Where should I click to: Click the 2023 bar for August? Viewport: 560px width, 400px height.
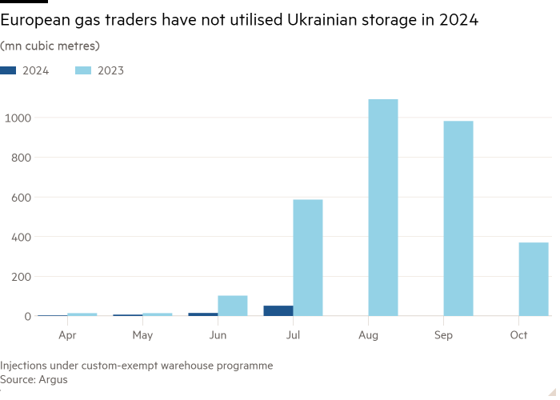pos(382,208)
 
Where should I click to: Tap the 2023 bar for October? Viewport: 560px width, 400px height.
pos(533,279)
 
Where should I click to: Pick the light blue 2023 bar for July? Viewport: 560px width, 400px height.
pos(307,258)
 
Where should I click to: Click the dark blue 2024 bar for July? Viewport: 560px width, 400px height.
pos(278,310)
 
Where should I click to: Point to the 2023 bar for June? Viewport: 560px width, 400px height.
pos(232,306)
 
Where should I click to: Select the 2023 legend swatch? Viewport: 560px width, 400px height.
pos(83,70)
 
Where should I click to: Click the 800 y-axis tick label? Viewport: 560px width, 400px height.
pos(20,158)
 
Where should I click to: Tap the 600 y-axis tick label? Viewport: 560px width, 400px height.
pos(20,198)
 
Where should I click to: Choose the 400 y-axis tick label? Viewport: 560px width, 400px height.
pos(20,238)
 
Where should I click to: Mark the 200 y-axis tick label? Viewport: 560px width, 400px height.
pos(20,277)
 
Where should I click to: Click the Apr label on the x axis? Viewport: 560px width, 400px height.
pos(67,335)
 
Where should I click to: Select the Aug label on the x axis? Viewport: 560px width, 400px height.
pos(368,335)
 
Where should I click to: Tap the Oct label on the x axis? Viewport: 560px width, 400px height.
pos(518,335)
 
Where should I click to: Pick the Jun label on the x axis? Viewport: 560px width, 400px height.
pos(218,335)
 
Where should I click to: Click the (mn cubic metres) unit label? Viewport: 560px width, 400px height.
pos(50,46)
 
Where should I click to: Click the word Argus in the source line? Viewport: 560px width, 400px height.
pos(54,379)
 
